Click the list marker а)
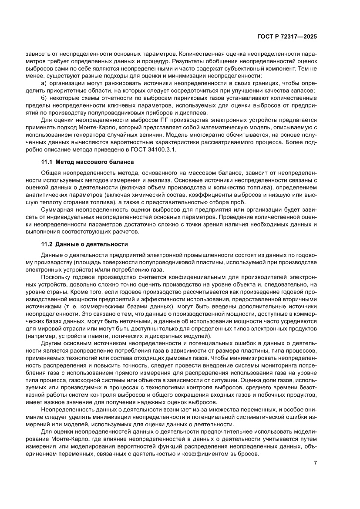click(43, 83)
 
